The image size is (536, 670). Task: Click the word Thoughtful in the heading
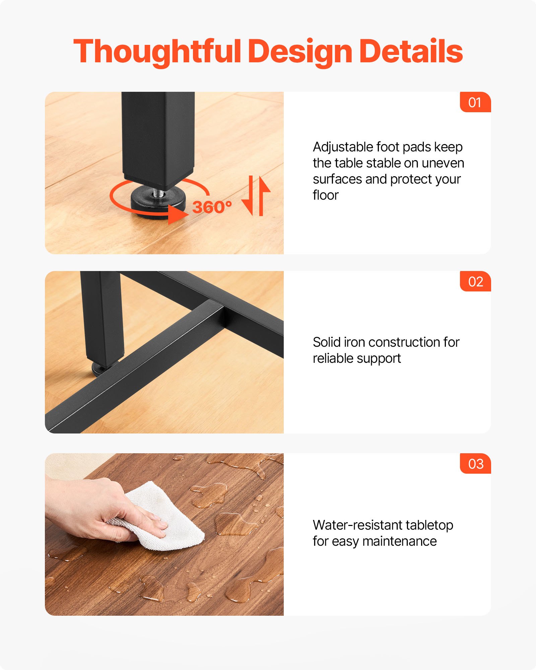tap(157, 52)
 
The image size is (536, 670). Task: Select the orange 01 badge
tap(475, 102)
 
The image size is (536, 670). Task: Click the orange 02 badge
tap(475, 281)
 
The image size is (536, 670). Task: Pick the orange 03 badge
tap(475, 464)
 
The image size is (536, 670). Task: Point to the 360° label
tap(212, 207)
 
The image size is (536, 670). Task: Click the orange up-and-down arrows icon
tap(256, 196)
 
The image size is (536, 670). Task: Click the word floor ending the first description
tap(326, 195)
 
